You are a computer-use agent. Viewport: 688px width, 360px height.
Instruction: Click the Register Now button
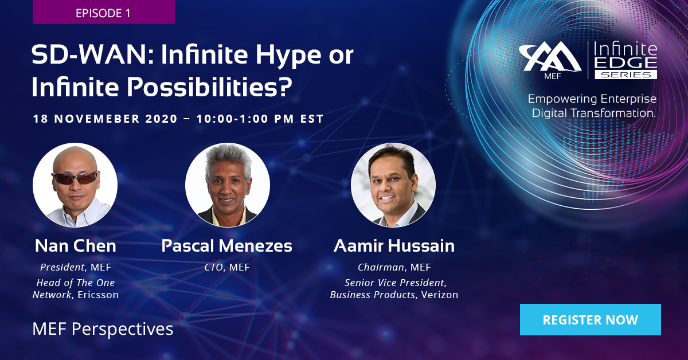point(590,319)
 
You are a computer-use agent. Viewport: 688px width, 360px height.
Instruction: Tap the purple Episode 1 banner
point(103,13)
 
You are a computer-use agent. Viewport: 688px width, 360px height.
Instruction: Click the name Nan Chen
point(75,246)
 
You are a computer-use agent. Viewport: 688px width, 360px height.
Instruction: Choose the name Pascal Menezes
point(227,246)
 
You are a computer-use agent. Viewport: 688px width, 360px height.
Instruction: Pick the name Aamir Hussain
point(394,246)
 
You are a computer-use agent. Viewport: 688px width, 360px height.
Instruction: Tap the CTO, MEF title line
point(227,267)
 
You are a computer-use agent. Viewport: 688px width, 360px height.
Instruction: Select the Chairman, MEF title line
point(394,267)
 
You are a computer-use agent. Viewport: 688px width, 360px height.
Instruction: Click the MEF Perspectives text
point(103,329)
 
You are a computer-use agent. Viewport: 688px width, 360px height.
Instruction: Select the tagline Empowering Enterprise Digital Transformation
point(592,106)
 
